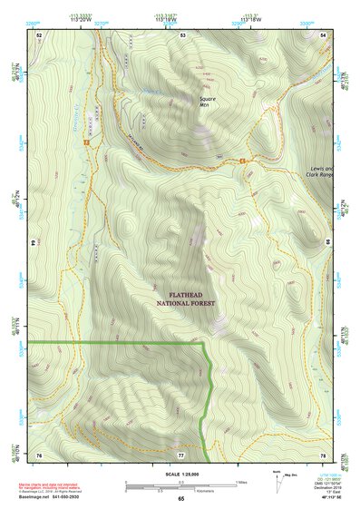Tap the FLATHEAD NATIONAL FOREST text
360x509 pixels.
coord(185,299)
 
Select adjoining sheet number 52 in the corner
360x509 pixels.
coord(39,34)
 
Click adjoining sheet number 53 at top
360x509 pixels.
coord(182,34)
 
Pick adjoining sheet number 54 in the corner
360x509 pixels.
coord(324,34)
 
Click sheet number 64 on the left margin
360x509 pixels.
coord(36,244)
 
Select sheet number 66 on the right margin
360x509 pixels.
coord(326,244)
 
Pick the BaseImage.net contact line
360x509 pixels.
coord(56,498)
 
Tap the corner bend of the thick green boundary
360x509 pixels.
coord(204,344)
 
